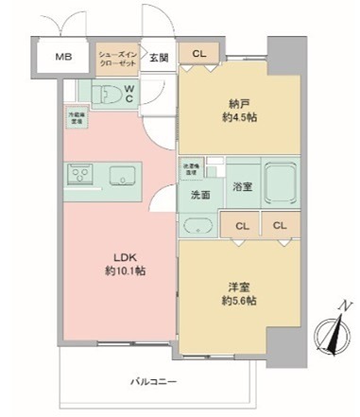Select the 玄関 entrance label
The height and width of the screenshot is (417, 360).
coord(159,57)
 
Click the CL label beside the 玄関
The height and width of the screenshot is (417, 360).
coord(198,54)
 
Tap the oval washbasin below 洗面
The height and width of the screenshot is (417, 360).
coord(198,225)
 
